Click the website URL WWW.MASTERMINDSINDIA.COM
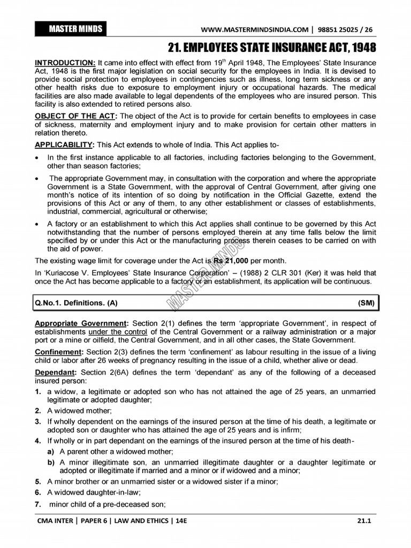pyautogui.click(x=254, y=29)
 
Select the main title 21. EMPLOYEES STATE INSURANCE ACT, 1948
pyautogui.click(x=272, y=48)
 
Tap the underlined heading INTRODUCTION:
pyautogui.click(x=65, y=63)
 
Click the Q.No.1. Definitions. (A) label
pyautogui.click(x=77, y=303)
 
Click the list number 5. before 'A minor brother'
pyautogui.click(x=38, y=481)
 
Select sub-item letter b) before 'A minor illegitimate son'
pyautogui.click(x=50, y=462)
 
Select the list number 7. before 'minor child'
pyautogui.click(x=38, y=504)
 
